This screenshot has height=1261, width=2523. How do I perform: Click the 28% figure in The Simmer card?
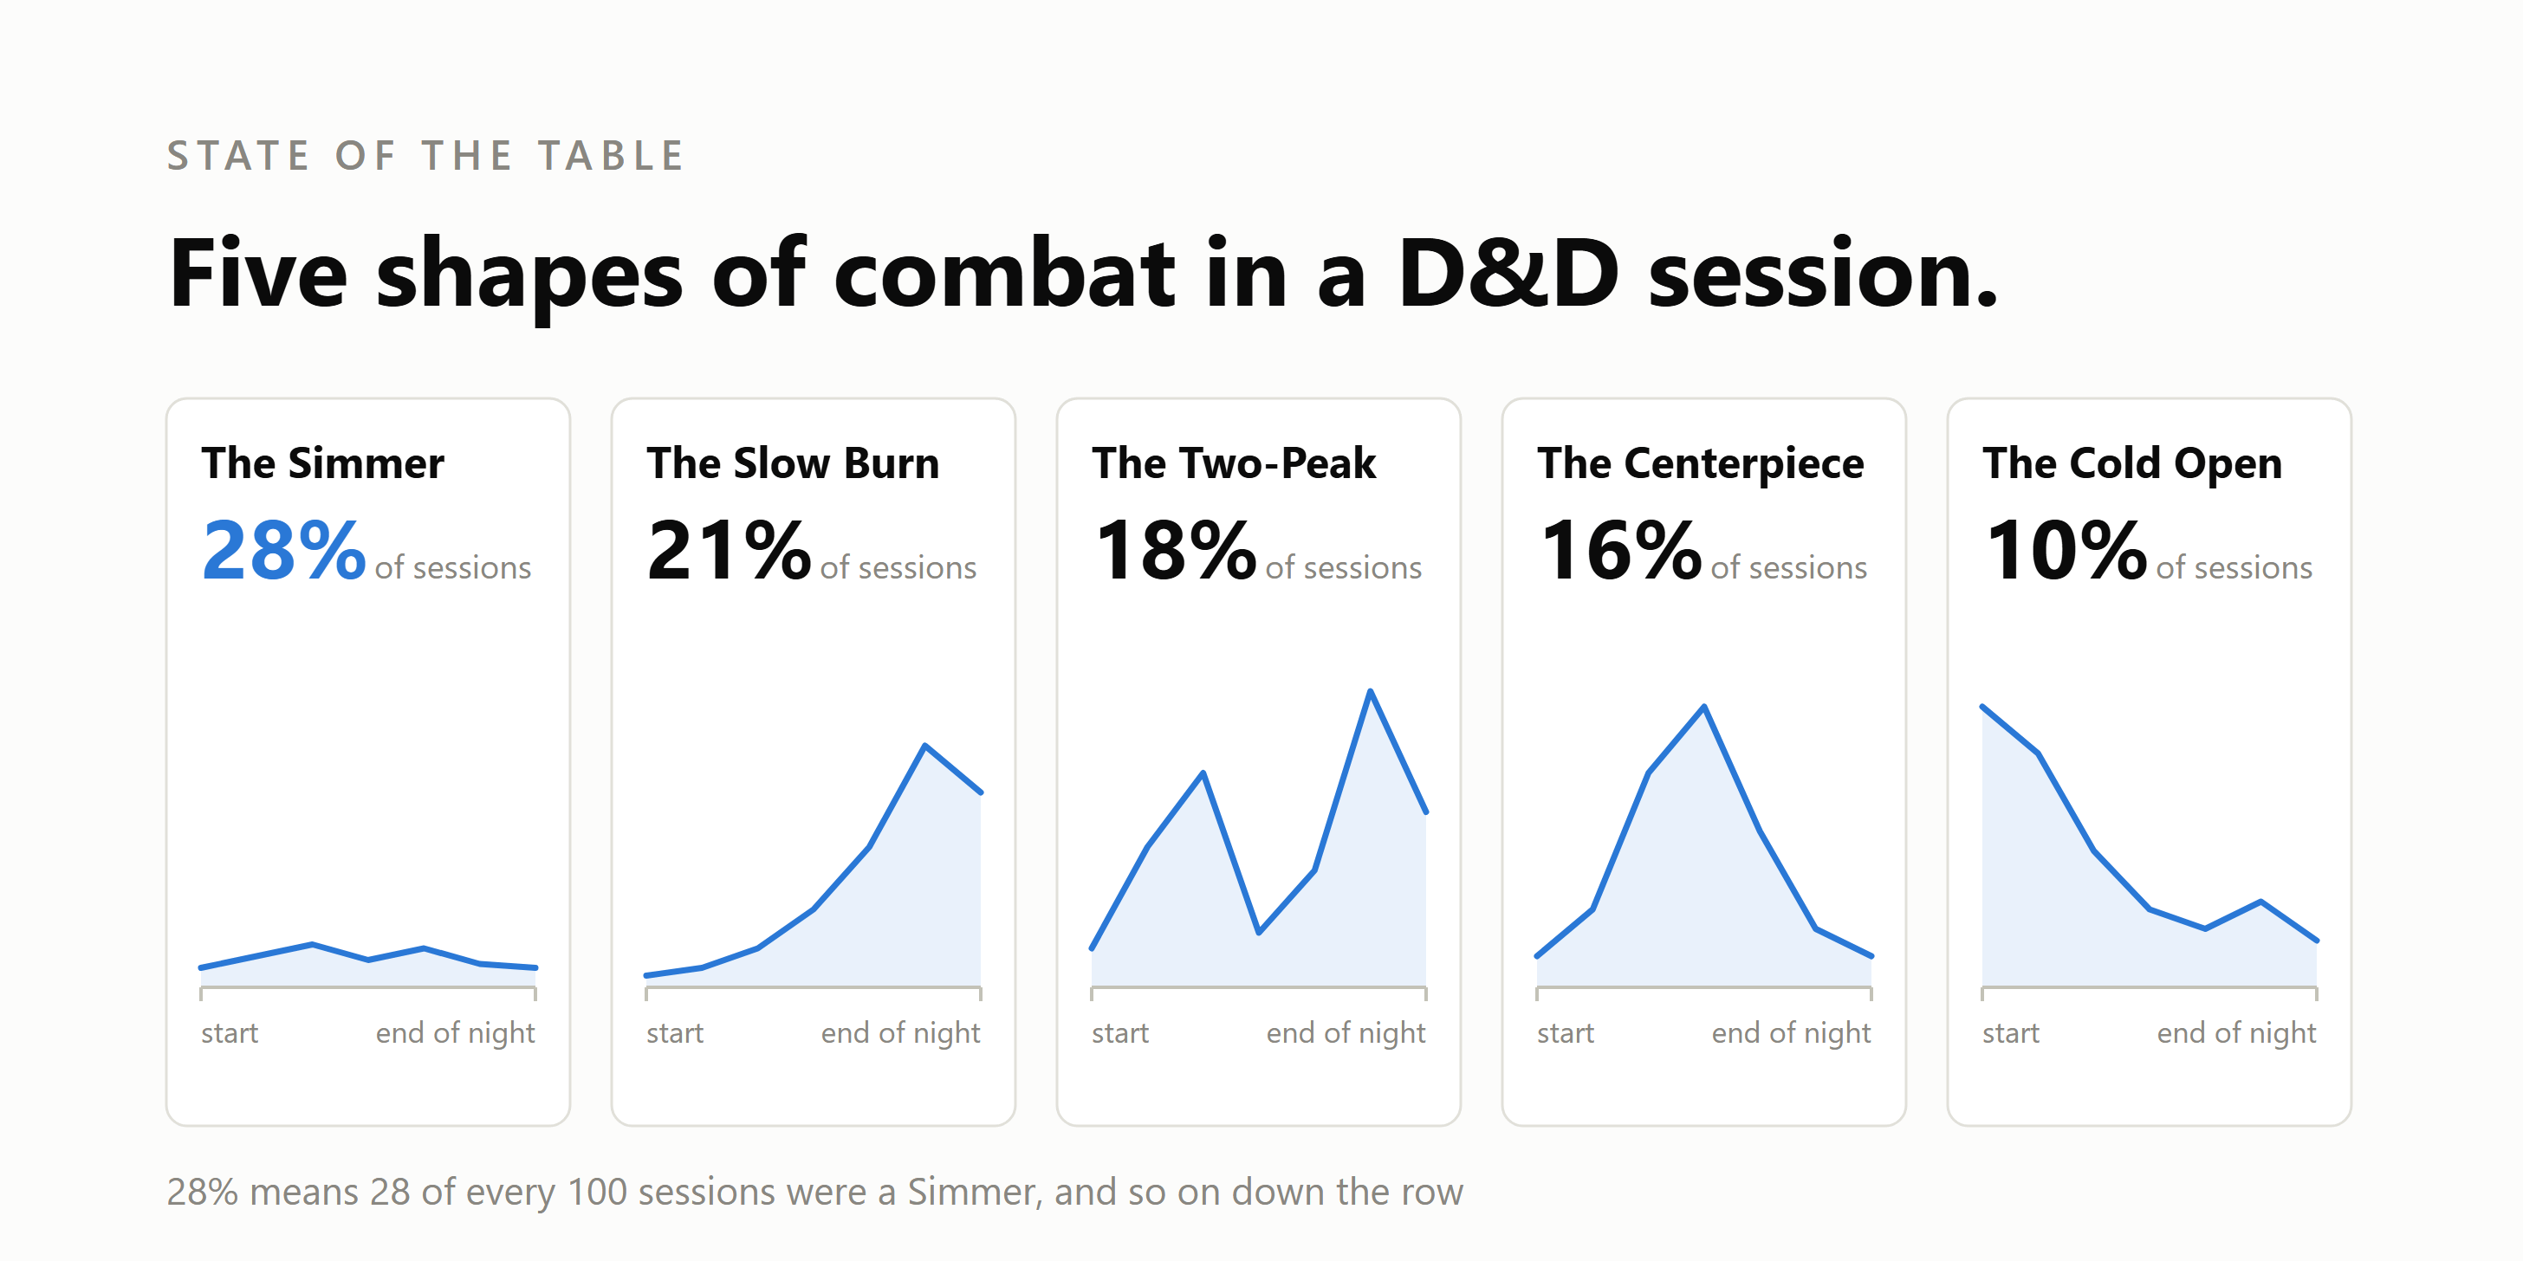point(284,550)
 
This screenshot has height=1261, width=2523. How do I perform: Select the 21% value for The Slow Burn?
point(730,550)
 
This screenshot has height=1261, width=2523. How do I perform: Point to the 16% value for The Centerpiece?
point(1621,550)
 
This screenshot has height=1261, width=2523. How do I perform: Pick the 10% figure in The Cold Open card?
point(2066,550)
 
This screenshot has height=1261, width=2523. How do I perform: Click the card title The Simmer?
point(323,463)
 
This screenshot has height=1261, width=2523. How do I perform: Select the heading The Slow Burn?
point(794,463)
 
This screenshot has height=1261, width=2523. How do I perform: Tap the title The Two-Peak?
point(1234,463)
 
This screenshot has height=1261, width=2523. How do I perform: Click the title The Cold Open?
point(2133,463)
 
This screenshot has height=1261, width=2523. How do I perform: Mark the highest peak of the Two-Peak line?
point(1370,691)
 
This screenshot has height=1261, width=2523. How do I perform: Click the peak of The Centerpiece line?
point(1704,707)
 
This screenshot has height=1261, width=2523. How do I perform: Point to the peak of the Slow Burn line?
point(924,746)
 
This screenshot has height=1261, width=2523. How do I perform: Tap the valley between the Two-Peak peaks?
point(1259,932)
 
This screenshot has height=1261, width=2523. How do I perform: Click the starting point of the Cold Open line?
point(1983,707)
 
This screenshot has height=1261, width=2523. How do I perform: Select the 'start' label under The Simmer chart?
point(230,1033)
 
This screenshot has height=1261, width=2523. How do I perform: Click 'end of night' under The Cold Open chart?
point(2237,1034)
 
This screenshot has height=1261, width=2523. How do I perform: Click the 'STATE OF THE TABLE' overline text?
point(425,156)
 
